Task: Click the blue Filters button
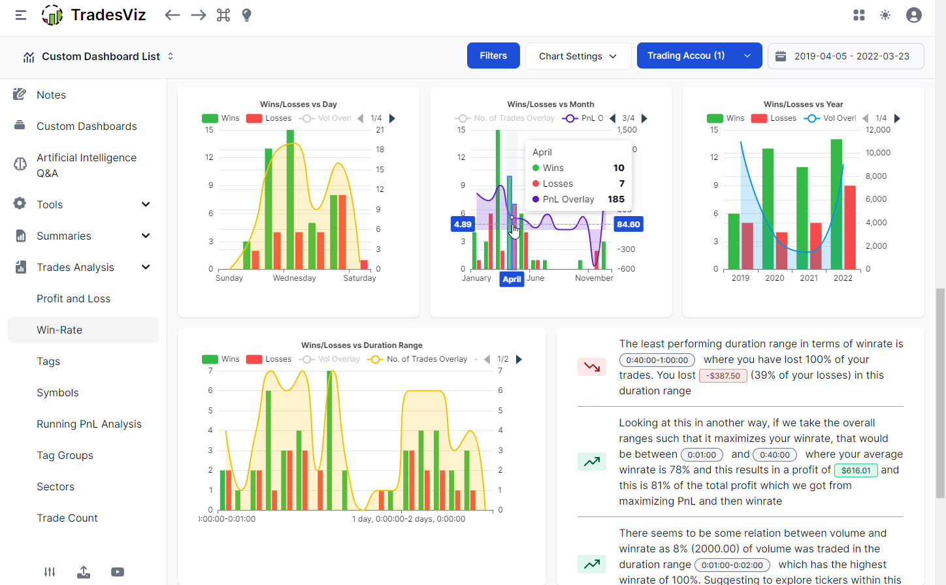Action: click(493, 55)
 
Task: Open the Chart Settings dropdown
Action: click(578, 56)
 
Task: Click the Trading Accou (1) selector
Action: click(698, 55)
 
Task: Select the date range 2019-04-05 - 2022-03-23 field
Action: click(845, 56)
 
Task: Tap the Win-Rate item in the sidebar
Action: click(59, 330)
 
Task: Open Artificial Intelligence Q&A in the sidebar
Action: click(86, 165)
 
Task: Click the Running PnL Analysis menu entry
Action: click(89, 424)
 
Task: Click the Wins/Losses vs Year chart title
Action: click(803, 104)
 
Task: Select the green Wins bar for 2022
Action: click(836, 204)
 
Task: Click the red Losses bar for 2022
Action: click(849, 227)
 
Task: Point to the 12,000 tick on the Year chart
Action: click(878, 130)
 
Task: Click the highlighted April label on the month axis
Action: click(512, 279)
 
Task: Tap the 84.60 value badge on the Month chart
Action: click(628, 224)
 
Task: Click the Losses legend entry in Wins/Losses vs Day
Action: click(269, 118)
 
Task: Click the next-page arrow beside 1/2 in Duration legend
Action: click(519, 359)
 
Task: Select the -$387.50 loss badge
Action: click(723, 375)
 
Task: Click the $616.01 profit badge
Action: click(855, 470)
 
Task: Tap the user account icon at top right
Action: click(913, 15)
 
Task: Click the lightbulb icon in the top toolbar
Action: click(246, 15)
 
